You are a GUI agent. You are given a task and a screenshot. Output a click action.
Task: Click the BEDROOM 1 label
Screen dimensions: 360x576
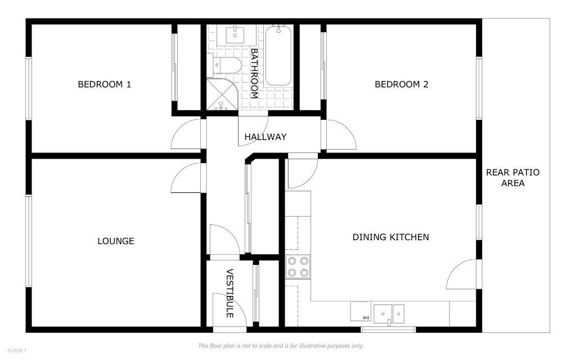click(104, 84)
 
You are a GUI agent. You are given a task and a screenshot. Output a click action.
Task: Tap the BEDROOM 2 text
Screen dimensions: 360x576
click(402, 84)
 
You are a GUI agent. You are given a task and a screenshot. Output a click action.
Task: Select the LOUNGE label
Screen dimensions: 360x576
click(116, 241)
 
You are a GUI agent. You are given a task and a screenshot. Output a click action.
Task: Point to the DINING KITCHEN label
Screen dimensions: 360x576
click(390, 237)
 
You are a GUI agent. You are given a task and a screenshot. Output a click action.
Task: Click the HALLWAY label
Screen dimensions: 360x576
click(265, 137)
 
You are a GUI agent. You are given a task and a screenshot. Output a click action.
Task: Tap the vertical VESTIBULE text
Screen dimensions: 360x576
click(229, 294)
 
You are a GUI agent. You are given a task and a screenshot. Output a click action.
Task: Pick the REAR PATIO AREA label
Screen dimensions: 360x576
click(512, 178)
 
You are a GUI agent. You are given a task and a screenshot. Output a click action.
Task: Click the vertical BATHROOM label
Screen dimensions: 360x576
click(254, 74)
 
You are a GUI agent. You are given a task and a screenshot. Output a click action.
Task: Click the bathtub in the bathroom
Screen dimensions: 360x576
click(278, 55)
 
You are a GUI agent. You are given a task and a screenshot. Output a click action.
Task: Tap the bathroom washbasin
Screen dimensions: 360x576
click(235, 35)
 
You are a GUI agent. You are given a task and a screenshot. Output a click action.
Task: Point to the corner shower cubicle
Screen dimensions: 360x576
click(220, 95)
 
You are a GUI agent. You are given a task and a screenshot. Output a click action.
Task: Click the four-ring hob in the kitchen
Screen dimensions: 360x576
click(298, 267)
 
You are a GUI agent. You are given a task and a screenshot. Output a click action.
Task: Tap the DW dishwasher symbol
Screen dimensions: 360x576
click(360, 311)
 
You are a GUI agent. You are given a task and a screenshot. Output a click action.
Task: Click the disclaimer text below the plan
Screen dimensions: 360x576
click(281, 345)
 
